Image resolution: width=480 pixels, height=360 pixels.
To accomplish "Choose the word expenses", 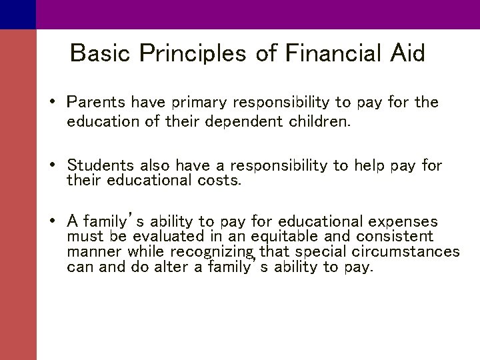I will coord(404,221).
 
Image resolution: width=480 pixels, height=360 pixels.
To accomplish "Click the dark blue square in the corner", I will coord(17,14).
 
